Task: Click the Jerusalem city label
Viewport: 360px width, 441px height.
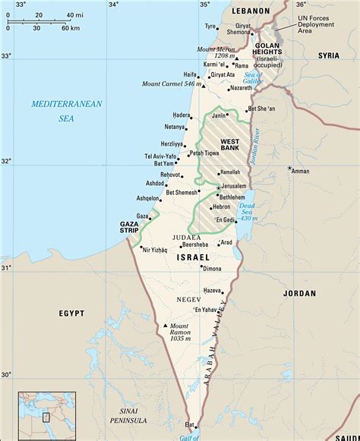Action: pos(236,185)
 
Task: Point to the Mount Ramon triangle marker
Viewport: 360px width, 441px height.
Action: pos(166,326)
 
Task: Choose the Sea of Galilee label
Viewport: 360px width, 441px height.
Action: pos(253,76)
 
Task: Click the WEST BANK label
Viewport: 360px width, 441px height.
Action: pos(230,146)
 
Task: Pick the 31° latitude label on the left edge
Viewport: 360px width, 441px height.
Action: pos(6,268)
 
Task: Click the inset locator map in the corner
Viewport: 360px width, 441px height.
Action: pos(47,415)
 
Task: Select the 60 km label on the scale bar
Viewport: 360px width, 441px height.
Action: pos(70,28)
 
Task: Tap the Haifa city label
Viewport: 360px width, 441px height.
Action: pos(190,74)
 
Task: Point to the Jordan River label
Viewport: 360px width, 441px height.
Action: pos(256,147)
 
